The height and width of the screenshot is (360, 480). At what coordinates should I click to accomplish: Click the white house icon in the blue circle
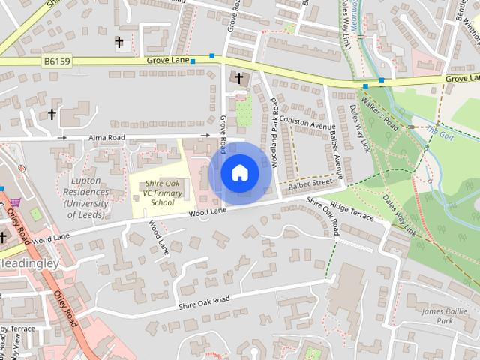(x=239, y=173)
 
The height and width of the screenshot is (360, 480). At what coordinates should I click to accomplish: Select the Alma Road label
(x=106, y=138)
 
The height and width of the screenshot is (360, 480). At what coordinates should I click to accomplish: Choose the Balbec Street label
(x=310, y=182)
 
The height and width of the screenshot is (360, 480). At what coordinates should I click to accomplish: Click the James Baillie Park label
(x=427, y=316)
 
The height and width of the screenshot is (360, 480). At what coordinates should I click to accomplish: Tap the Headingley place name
(x=28, y=264)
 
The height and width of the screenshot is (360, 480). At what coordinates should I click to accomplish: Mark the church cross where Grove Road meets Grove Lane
(x=239, y=77)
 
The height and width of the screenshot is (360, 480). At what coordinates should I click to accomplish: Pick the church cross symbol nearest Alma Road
(x=52, y=114)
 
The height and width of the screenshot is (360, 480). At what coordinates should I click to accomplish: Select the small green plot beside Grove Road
(x=244, y=112)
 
